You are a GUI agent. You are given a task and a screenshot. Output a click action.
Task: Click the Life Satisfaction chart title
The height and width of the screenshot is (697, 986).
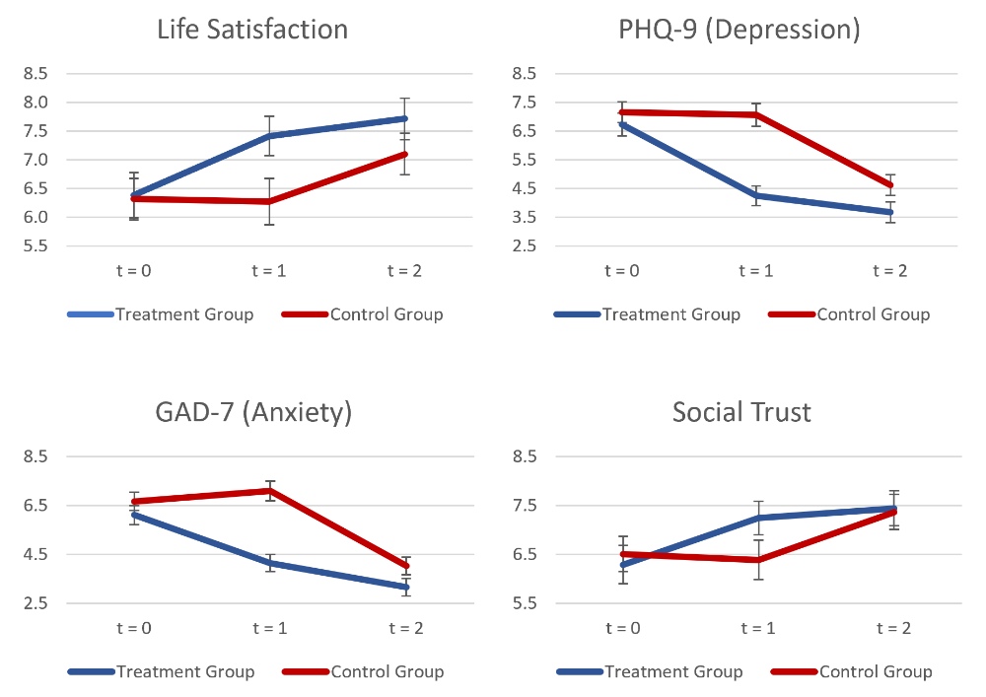pos(252,30)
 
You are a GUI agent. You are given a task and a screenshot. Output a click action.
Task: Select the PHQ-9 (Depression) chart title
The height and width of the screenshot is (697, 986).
pos(739,30)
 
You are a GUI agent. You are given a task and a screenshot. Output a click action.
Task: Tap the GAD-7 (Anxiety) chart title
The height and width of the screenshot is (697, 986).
pos(253,411)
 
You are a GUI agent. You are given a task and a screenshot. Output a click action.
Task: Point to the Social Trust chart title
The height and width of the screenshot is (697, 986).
pos(741,411)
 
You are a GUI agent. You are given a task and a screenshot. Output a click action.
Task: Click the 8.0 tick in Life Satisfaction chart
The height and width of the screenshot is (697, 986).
pos(35,103)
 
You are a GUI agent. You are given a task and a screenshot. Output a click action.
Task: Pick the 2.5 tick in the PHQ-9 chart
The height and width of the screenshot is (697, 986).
pos(524,246)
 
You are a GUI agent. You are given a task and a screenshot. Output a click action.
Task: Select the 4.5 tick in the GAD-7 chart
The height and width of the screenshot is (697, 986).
pos(35,554)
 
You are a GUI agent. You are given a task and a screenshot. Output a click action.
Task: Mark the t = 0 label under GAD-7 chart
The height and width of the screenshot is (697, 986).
pos(133,629)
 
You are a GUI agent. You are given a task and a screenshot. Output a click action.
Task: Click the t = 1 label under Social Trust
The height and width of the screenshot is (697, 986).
pos(757,629)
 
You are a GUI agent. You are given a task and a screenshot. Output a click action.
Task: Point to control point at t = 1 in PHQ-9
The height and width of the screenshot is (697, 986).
pos(757,114)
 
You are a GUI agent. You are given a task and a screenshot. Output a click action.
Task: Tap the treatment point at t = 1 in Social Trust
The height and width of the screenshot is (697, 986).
pos(757,518)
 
